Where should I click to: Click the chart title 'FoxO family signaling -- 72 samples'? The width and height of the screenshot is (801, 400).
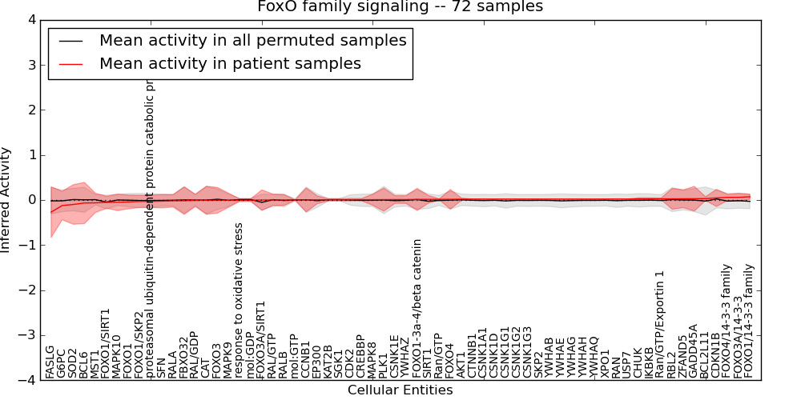400,7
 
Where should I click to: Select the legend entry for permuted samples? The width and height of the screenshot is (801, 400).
252,40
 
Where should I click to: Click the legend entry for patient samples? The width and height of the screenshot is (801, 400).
230,63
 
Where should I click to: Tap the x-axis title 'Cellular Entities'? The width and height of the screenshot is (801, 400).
400,390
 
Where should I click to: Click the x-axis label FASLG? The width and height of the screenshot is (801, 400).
50,362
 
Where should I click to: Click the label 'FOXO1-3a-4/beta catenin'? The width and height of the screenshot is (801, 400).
417,309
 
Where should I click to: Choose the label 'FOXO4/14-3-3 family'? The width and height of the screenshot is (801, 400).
727,322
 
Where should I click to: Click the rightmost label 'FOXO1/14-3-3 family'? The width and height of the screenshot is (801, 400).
749,322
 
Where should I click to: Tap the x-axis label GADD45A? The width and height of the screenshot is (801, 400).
694,351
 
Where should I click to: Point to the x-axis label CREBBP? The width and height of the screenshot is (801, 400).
360,357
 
